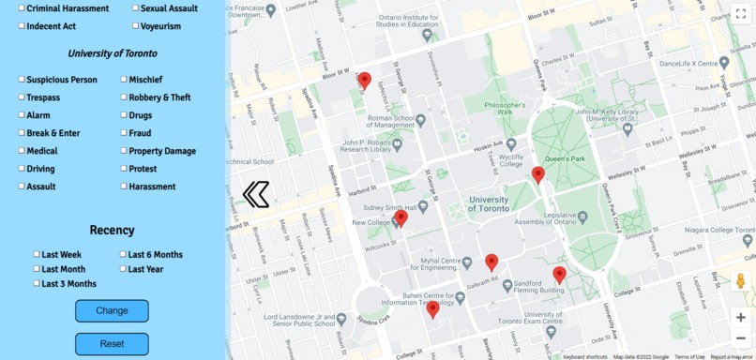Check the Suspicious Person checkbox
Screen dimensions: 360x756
pos(22,80)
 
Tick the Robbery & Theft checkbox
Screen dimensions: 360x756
pos(124,97)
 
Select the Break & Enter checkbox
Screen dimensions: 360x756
pos(22,133)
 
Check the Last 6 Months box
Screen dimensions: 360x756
pos(123,254)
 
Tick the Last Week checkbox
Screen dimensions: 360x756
pos(37,254)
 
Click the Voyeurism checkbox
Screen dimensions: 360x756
pos(135,26)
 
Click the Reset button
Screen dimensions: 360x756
pos(112,344)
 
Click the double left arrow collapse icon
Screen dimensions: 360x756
pos(256,194)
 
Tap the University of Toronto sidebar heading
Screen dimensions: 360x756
pos(113,53)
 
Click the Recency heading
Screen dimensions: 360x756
pos(112,230)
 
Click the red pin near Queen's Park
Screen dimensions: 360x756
pos(538,174)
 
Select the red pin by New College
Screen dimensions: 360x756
pos(401,218)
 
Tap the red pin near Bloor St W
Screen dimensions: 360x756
pos(365,81)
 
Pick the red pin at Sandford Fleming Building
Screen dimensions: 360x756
pos(560,274)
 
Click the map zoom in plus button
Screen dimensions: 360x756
pos(741,317)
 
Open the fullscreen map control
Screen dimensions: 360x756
pos(740,14)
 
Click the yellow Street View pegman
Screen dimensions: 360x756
pos(741,281)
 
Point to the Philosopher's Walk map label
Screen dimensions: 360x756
pos(505,109)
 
